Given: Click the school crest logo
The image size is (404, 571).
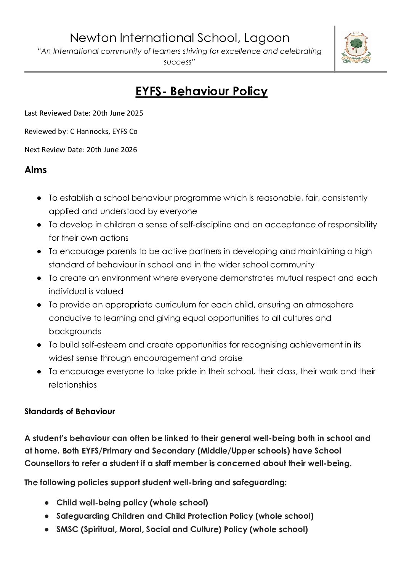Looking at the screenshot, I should (356, 48).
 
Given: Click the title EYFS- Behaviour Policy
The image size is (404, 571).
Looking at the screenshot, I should (201, 91).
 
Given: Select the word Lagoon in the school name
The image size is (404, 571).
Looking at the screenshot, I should (266, 38).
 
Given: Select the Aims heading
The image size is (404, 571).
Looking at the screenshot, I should (35, 170).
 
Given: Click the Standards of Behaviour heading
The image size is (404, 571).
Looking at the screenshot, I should (69, 411).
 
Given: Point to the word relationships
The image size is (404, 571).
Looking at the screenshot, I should (72, 384).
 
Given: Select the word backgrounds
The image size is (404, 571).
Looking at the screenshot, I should (75, 331).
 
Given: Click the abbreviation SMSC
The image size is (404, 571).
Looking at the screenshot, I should (67, 529).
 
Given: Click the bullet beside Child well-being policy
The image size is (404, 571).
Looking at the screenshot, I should (47, 503).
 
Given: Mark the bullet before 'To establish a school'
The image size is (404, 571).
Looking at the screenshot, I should (39, 198).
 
